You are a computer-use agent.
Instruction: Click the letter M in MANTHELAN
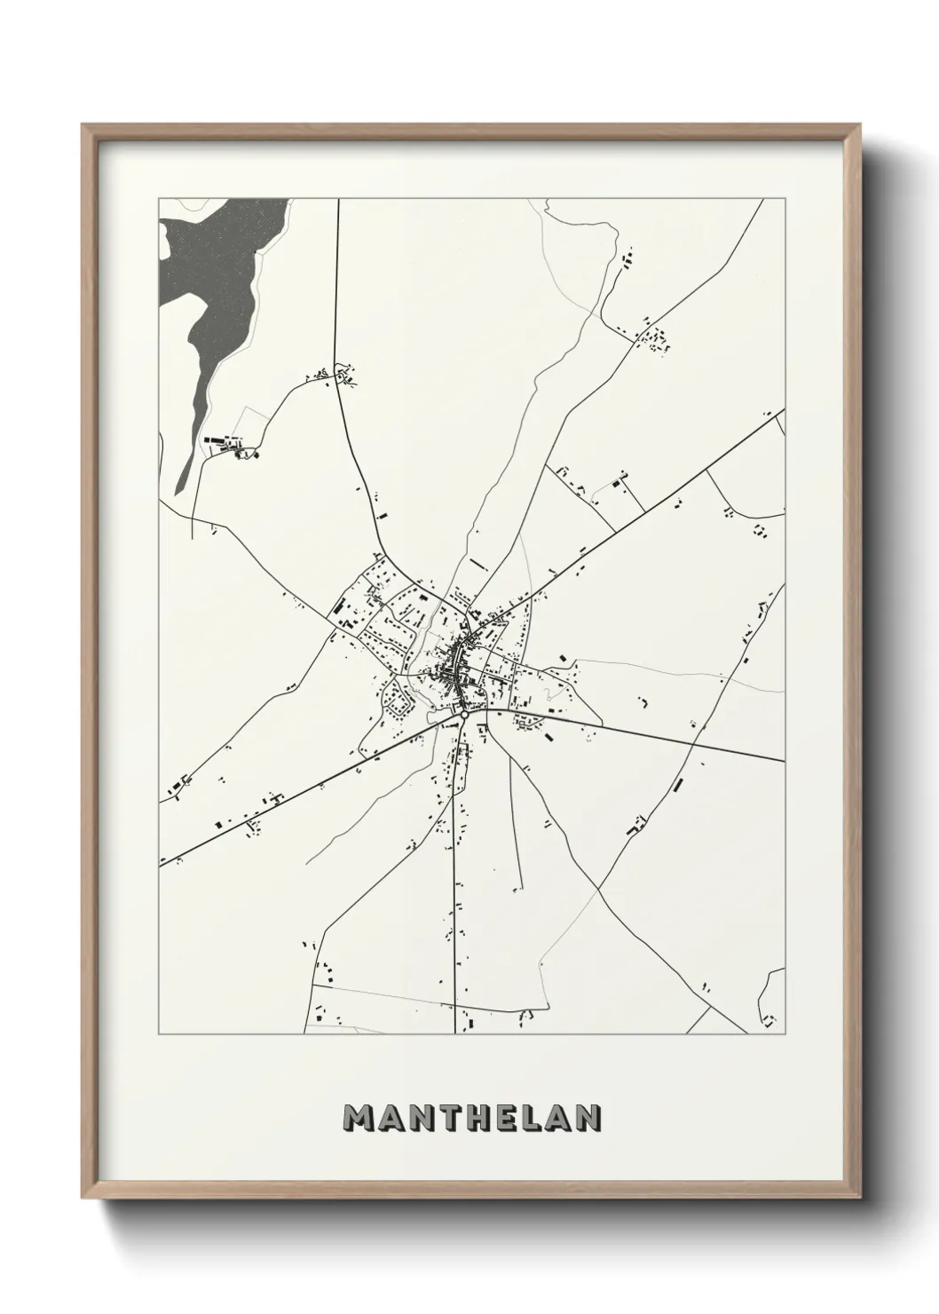point(362,1119)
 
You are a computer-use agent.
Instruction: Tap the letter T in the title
point(456,1119)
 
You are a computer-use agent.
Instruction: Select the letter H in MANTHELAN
point(487,1119)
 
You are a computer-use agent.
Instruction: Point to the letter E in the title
point(517,1119)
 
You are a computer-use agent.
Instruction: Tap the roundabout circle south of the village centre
point(464,712)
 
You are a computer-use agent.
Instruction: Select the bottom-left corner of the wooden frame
point(83,1197)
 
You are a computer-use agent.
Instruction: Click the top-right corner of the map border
point(785,199)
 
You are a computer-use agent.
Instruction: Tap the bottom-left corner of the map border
point(159,1034)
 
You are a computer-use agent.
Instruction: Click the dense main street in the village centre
point(458,661)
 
